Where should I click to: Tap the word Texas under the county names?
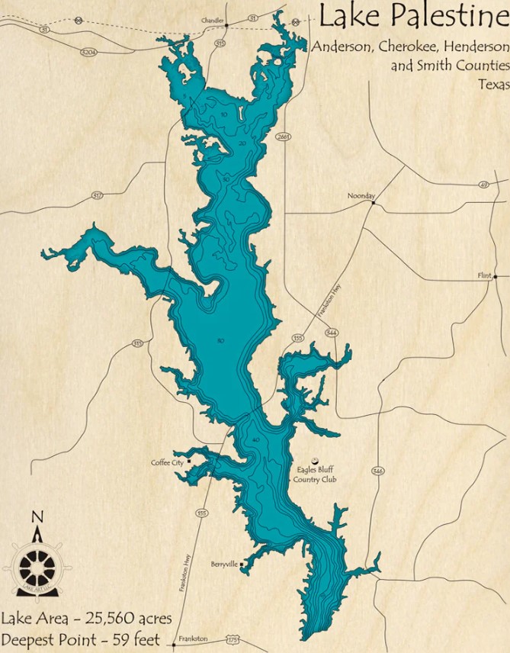(493, 85)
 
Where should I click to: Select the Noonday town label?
(361, 195)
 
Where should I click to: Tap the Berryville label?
(225, 565)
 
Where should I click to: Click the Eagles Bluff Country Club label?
(316, 474)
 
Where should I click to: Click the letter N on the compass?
(36, 517)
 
